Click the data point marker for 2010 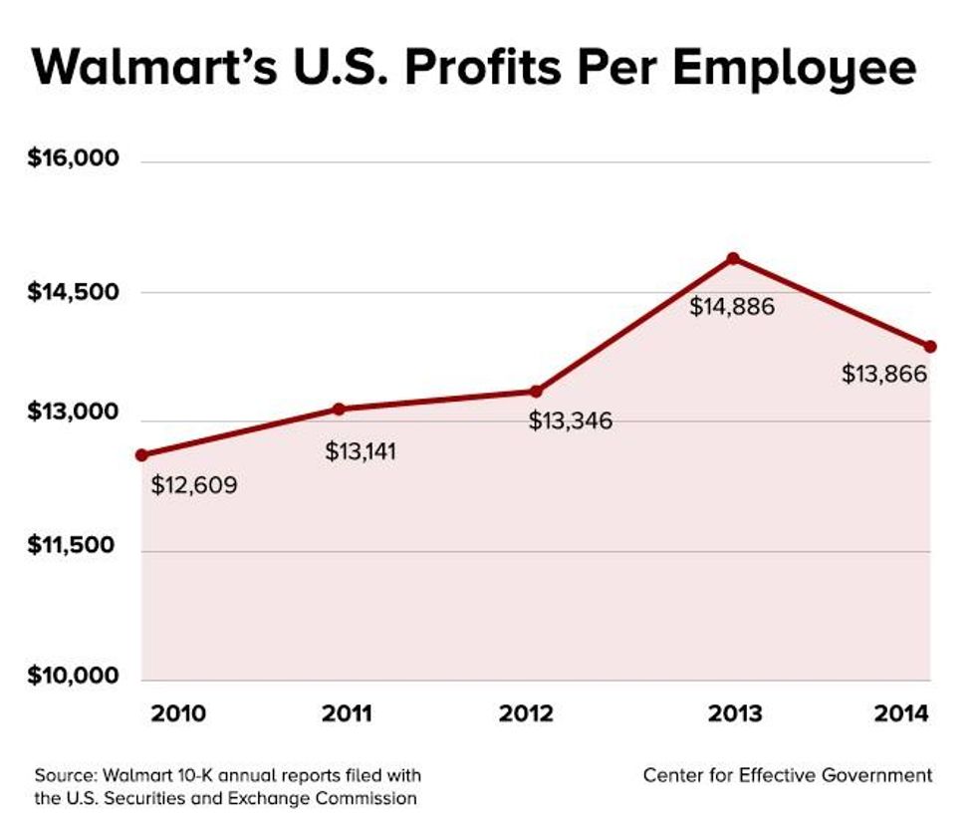point(142,455)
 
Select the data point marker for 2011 point(339,409)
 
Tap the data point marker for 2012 point(535,392)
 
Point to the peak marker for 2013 point(733,259)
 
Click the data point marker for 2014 point(930,347)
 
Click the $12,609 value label point(194,487)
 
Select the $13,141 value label point(361,451)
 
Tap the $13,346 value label point(571,420)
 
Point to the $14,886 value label point(732,306)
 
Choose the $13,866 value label point(884,375)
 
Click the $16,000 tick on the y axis point(73,159)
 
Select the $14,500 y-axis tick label point(73,292)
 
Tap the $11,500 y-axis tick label point(73,547)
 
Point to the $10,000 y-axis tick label point(73,677)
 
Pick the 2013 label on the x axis point(734,714)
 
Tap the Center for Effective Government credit point(787,774)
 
